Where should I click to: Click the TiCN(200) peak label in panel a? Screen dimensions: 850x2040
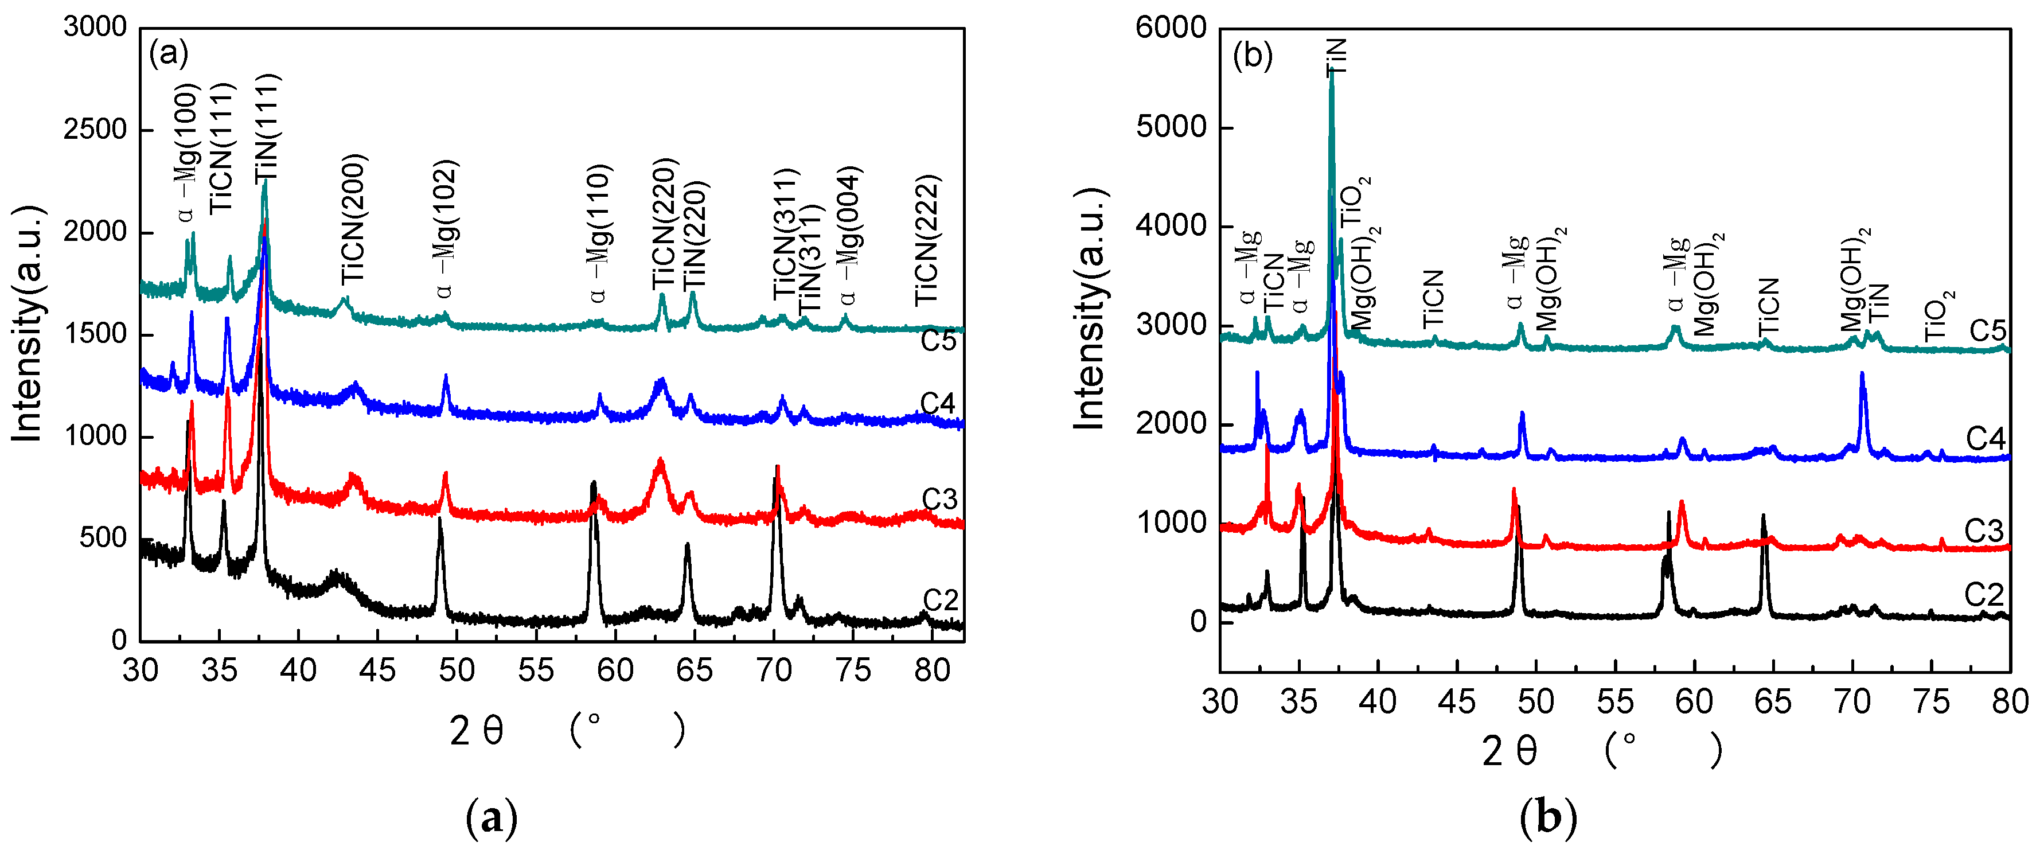353,220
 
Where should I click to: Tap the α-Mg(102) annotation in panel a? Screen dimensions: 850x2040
445,230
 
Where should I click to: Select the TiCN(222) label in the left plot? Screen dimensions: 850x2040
927,240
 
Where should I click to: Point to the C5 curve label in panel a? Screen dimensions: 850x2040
938,341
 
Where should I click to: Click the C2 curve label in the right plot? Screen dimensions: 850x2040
1984,595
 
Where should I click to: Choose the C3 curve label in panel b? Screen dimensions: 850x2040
1984,531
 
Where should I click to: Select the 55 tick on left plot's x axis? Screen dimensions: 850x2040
536,671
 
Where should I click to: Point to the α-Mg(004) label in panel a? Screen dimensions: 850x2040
850,235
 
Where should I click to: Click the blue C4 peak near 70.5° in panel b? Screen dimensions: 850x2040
1862,376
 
